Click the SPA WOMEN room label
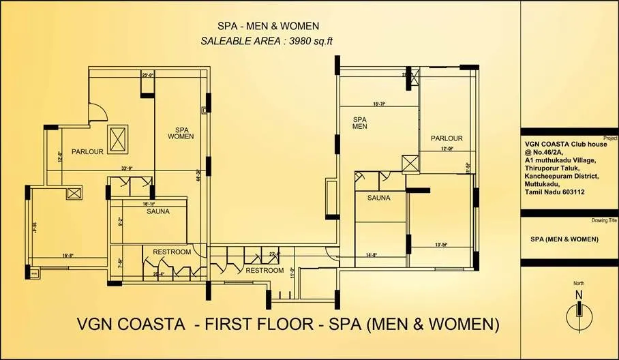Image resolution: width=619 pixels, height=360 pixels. [181, 132]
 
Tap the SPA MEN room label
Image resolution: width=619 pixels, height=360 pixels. [360, 122]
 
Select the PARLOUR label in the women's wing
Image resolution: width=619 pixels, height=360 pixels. [87, 152]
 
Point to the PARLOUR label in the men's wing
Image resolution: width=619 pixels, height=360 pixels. [447, 138]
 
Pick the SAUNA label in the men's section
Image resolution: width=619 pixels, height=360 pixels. [378, 198]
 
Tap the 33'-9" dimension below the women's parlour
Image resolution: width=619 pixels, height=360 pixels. [126, 168]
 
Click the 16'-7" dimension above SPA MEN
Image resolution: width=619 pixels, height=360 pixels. [380, 104]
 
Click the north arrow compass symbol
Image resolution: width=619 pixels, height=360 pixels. [578, 312]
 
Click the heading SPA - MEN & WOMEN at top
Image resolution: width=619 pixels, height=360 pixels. [267, 26]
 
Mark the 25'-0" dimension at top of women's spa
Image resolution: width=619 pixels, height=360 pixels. [147, 75]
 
